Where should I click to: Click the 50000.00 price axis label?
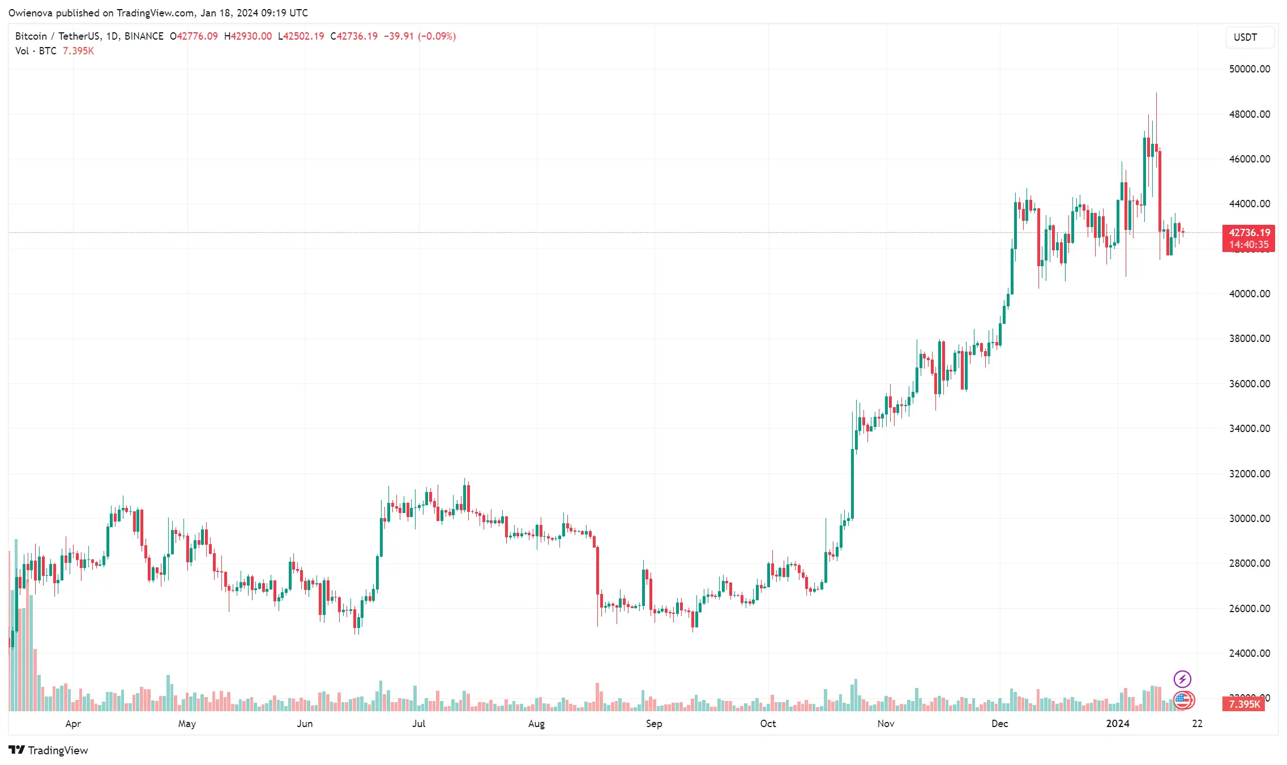click(x=1249, y=69)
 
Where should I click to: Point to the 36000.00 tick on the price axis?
click(x=1249, y=384)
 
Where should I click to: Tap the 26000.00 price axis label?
click(x=1249, y=609)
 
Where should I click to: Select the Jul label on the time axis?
click(x=418, y=724)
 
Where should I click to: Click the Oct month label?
click(x=768, y=724)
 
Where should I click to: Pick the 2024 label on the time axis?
click(x=1118, y=724)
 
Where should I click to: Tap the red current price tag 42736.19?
click(x=1249, y=233)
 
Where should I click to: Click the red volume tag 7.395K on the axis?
click(x=1244, y=704)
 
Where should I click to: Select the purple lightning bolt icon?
click(x=1182, y=679)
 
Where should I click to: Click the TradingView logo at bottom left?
click(x=49, y=750)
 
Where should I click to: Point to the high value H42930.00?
click(x=248, y=36)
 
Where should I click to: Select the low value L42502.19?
click(x=301, y=36)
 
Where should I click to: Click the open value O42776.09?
click(x=194, y=36)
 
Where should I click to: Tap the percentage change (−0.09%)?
click(x=437, y=36)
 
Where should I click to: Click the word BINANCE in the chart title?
click(x=144, y=36)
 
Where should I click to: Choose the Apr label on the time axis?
click(x=73, y=724)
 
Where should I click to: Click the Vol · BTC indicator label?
click(x=36, y=51)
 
